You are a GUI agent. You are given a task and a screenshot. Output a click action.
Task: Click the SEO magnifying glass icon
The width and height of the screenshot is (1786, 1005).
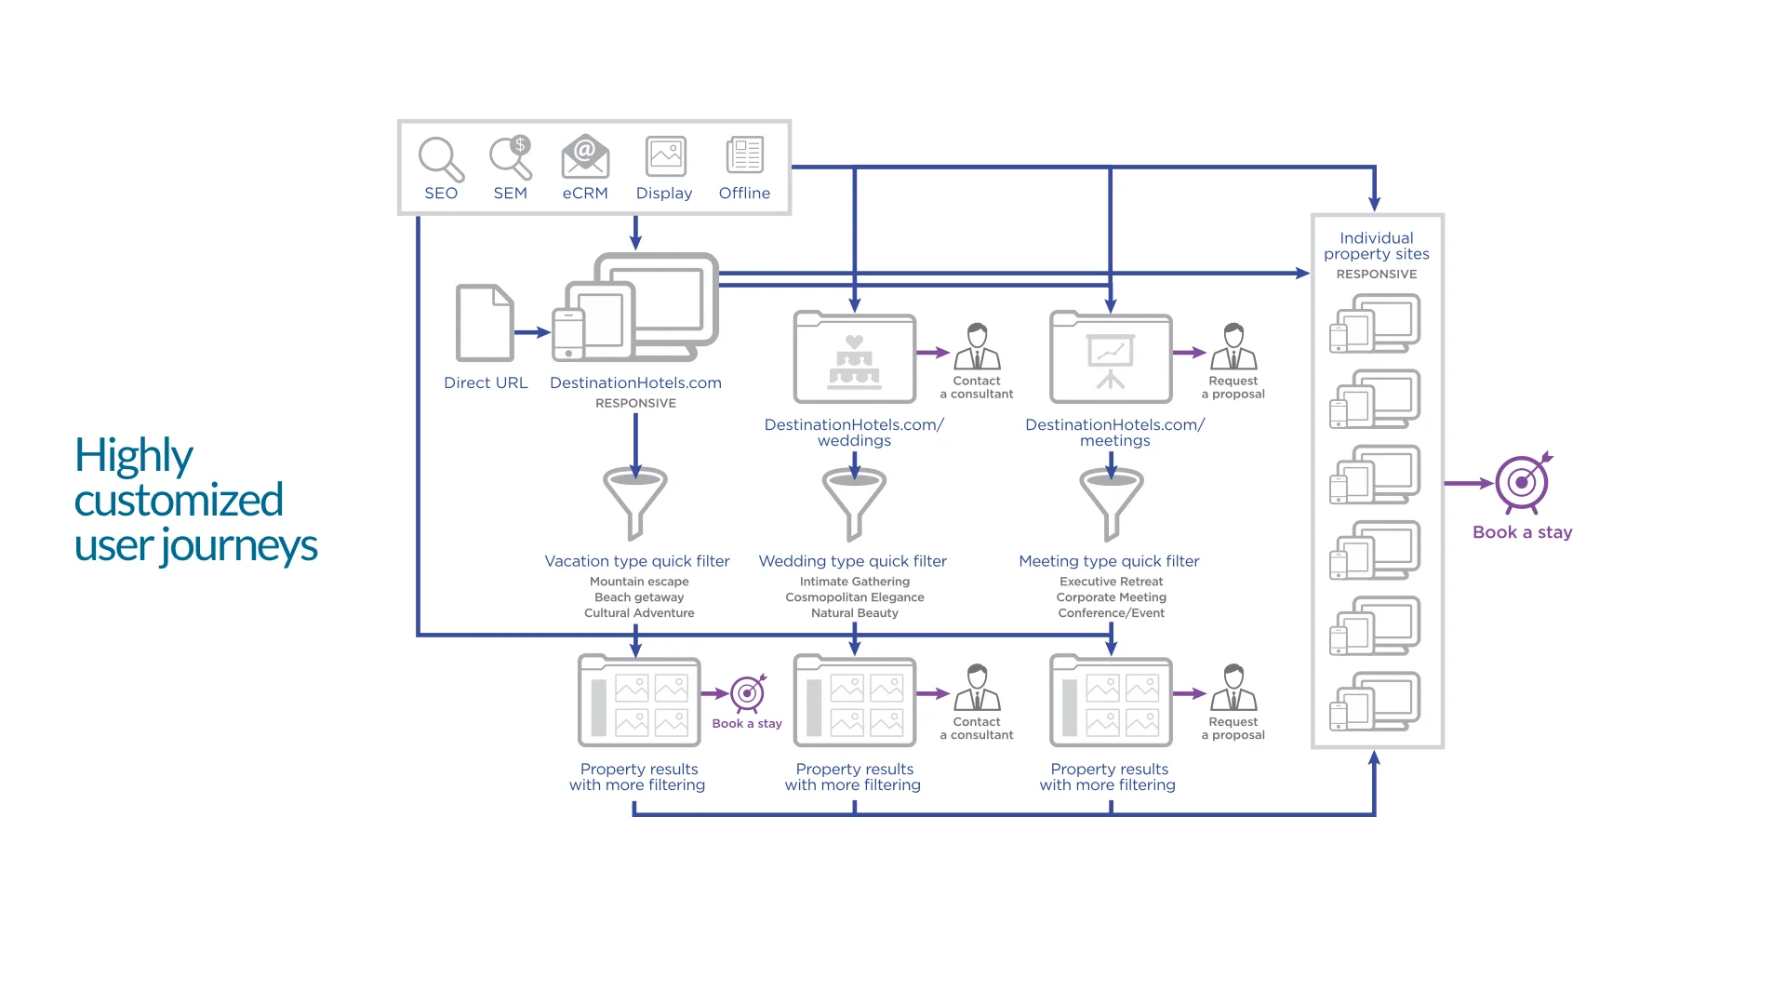(440, 159)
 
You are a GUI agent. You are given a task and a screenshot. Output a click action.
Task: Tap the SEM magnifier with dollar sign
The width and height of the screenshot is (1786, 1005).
(510, 157)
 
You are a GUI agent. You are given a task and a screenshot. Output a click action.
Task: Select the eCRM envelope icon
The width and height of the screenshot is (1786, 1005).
(585, 157)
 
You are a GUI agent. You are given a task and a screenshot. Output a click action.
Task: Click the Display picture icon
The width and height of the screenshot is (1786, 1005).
(665, 156)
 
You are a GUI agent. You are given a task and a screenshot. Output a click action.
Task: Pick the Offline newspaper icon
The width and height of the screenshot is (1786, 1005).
(744, 155)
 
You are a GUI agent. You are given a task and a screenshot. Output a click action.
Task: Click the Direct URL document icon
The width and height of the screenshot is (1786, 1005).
(485, 323)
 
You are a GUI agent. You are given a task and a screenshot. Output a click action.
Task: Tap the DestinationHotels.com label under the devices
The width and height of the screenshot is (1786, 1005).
(635, 382)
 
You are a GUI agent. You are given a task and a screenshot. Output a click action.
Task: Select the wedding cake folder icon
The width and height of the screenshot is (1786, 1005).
(854, 358)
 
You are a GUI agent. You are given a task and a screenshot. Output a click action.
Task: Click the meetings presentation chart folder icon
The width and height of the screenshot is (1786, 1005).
(1110, 358)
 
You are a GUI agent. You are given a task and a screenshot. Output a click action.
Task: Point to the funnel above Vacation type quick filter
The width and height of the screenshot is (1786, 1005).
(634, 502)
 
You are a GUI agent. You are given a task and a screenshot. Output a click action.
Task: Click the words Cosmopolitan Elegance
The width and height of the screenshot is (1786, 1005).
(854, 597)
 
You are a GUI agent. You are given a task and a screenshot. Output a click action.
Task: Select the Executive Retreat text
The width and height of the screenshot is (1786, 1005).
(1111, 582)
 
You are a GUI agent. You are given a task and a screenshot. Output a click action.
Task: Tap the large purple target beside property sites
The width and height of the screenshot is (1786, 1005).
(1522, 483)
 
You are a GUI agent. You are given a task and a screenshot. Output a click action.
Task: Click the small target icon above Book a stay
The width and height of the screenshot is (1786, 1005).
(747, 693)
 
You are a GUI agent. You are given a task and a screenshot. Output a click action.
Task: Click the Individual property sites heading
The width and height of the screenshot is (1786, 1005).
(1376, 246)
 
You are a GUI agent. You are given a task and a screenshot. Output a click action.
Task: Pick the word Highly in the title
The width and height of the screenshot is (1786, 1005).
(134, 456)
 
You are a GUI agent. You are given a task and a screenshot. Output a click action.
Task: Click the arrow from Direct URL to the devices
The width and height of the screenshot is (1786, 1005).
(532, 332)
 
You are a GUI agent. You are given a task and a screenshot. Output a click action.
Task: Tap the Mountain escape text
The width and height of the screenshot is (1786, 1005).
(639, 582)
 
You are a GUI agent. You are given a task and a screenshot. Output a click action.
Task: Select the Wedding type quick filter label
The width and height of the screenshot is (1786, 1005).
(852, 561)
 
